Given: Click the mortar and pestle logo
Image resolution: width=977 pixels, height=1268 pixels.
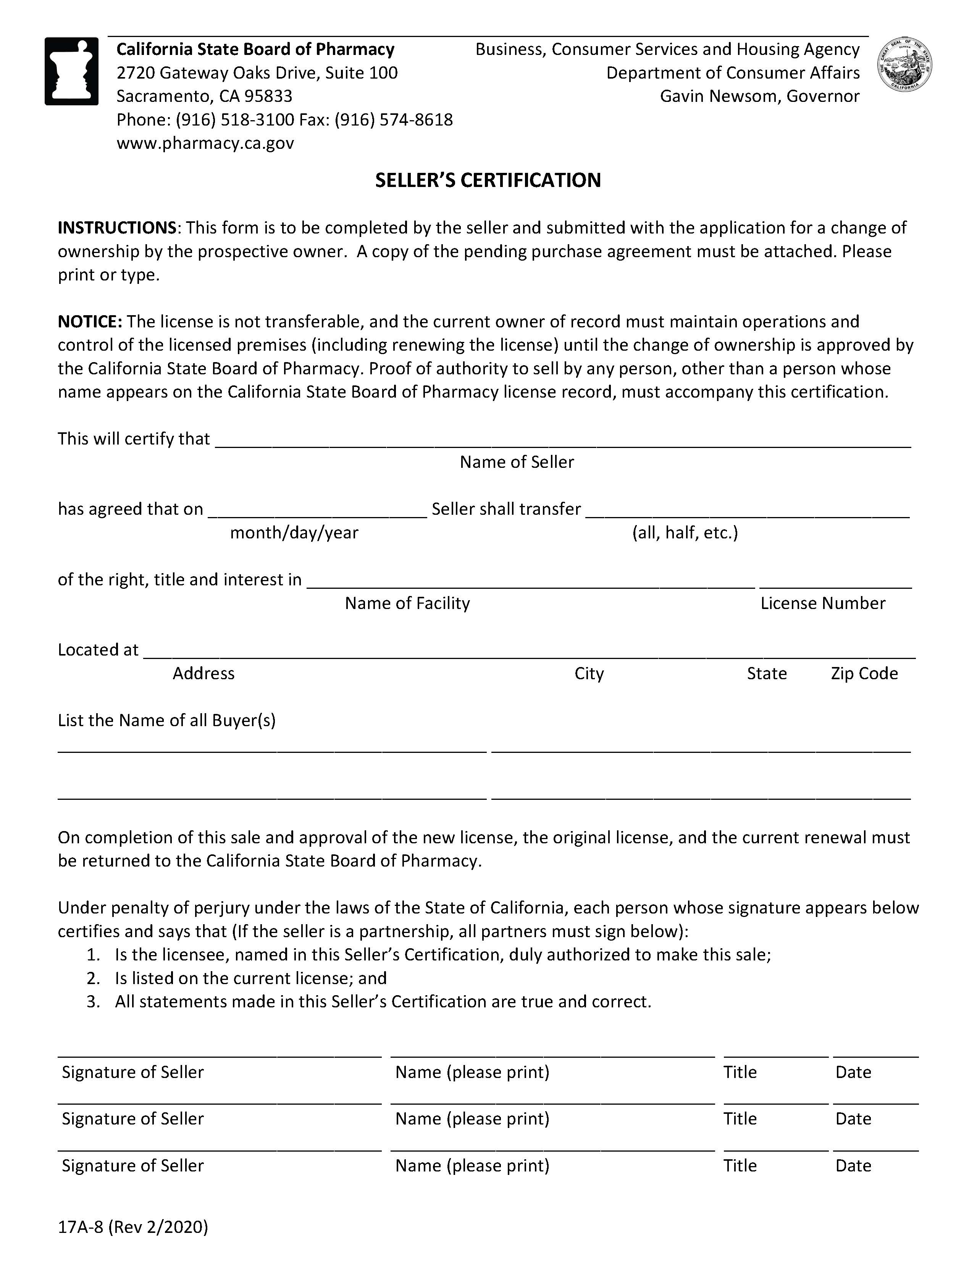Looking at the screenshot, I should point(71,71).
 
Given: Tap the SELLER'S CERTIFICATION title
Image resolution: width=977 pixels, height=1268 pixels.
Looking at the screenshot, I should point(488,180).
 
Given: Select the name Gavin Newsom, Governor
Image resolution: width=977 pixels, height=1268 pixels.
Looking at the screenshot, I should point(759,96).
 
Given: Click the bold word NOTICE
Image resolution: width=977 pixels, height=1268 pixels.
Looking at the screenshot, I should point(89,321).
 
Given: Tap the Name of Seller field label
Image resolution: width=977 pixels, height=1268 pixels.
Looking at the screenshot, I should point(517,462).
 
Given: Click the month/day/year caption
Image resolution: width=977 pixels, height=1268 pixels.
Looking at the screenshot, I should point(294,532).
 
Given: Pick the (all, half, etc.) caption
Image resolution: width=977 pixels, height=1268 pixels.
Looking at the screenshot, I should point(685,532).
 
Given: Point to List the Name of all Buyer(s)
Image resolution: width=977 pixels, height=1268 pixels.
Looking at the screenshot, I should point(167,720).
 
